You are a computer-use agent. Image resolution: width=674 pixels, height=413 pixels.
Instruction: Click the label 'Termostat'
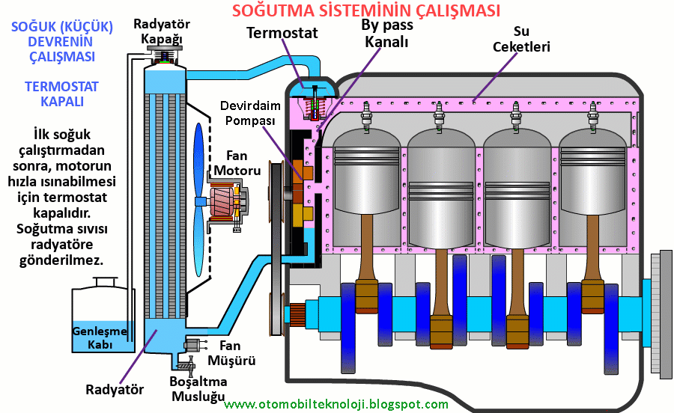[x=282, y=33]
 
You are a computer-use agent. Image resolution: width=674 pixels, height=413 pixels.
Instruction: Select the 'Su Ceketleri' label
[x=521, y=40]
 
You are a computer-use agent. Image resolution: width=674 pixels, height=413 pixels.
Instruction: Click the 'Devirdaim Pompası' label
[x=248, y=112]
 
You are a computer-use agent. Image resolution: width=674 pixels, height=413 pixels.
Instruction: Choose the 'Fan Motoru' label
[x=237, y=163]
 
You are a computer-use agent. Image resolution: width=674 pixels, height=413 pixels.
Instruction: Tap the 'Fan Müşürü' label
[x=237, y=353]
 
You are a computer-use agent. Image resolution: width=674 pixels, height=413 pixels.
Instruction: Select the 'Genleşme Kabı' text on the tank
[x=92, y=337]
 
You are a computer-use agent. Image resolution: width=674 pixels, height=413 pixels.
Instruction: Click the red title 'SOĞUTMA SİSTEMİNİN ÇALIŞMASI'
[x=366, y=10]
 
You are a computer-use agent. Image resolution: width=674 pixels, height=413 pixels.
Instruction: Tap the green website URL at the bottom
[x=336, y=405]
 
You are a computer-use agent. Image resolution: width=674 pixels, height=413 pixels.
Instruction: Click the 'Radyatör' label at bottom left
[x=114, y=389]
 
